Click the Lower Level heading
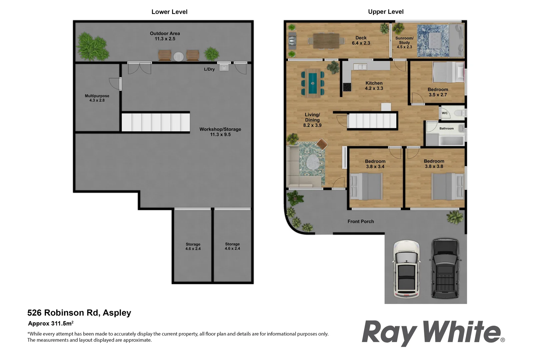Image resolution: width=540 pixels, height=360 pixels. (169, 12)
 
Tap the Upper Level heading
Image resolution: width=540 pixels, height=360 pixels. (386, 12)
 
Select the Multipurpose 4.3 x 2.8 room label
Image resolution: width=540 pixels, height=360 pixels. (97, 98)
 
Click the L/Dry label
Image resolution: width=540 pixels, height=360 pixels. (209, 69)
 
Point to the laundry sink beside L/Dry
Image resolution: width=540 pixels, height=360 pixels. (224, 68)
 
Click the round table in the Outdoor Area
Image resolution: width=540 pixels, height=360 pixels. (179, 56)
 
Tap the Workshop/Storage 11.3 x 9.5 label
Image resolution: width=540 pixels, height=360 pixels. (220, 132)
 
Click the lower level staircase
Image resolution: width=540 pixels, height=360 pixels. (155, 122)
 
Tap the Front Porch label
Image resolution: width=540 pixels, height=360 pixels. (361, 221)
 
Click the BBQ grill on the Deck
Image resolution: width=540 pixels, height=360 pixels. (292, 41)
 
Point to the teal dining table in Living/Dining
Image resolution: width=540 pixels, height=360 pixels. (312, 83)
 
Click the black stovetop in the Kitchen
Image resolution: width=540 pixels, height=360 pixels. (347, 87)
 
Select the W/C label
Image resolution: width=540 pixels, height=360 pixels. (445, 113)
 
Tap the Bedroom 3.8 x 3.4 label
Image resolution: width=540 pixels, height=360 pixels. (375, 164)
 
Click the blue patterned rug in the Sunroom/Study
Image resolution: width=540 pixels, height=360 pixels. (432, 40)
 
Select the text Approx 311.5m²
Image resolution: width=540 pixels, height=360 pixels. (51, 323)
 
